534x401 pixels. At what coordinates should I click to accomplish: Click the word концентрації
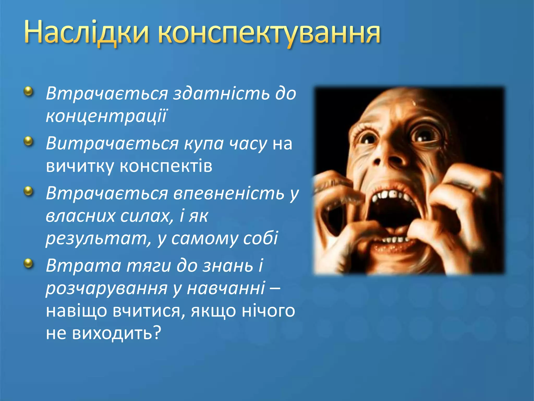[x=106, y=115]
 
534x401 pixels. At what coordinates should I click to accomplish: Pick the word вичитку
[x=80, y=166]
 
